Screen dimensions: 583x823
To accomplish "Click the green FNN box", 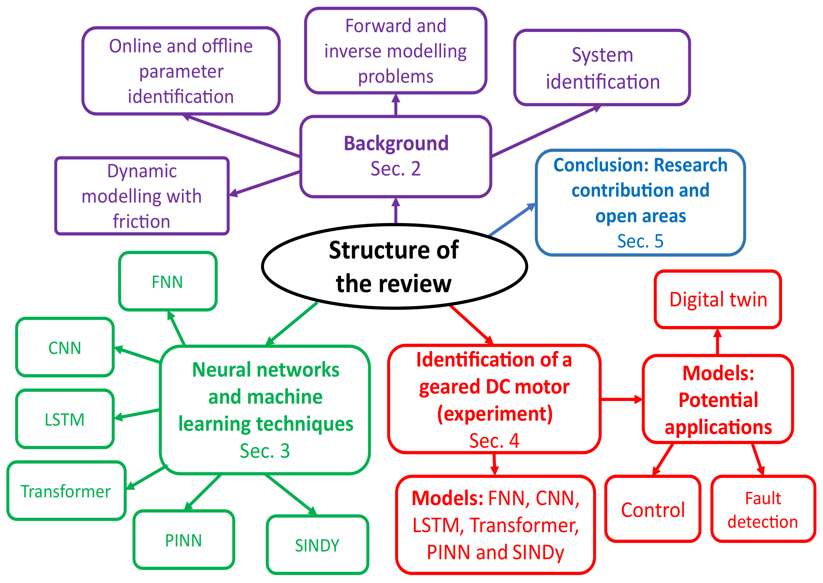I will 167,281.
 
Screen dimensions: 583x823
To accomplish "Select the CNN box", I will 65,347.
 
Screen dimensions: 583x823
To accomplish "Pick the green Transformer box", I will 66,491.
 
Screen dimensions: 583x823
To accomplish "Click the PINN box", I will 184,540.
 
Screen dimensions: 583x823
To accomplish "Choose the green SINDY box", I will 318,545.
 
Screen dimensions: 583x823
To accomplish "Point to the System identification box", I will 602,68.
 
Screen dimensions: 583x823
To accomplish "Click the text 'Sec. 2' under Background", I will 395,169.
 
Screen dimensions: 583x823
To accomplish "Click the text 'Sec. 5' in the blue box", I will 640,241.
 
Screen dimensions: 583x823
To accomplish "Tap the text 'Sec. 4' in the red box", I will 494,441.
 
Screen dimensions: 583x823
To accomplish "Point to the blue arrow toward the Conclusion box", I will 512,219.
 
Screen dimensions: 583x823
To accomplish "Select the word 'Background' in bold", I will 396,144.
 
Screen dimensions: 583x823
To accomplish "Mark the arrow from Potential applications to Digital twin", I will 717,342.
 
